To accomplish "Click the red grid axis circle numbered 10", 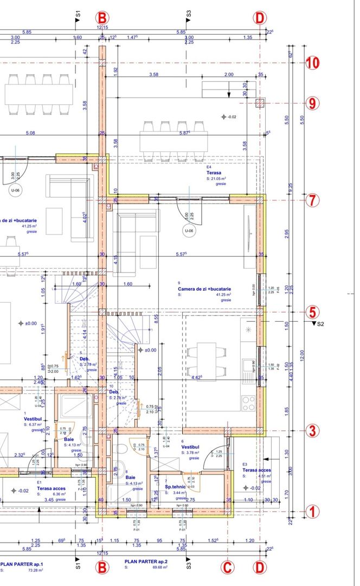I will tap(312, 62).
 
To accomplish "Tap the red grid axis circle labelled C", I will tap(228, 568).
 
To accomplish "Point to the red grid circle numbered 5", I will tap(312, 312).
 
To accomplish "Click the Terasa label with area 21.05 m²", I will tap(213, 173).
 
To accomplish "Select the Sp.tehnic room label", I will tap(176, 487).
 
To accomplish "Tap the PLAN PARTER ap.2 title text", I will tap(145, 562).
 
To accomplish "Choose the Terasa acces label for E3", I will tap(256, 470).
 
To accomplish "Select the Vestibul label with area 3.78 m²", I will tap(190, 447).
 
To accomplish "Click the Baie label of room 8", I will tap(131, 477).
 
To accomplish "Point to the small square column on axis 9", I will tap(261, 103).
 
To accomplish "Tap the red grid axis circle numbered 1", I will tap(312, 511).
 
